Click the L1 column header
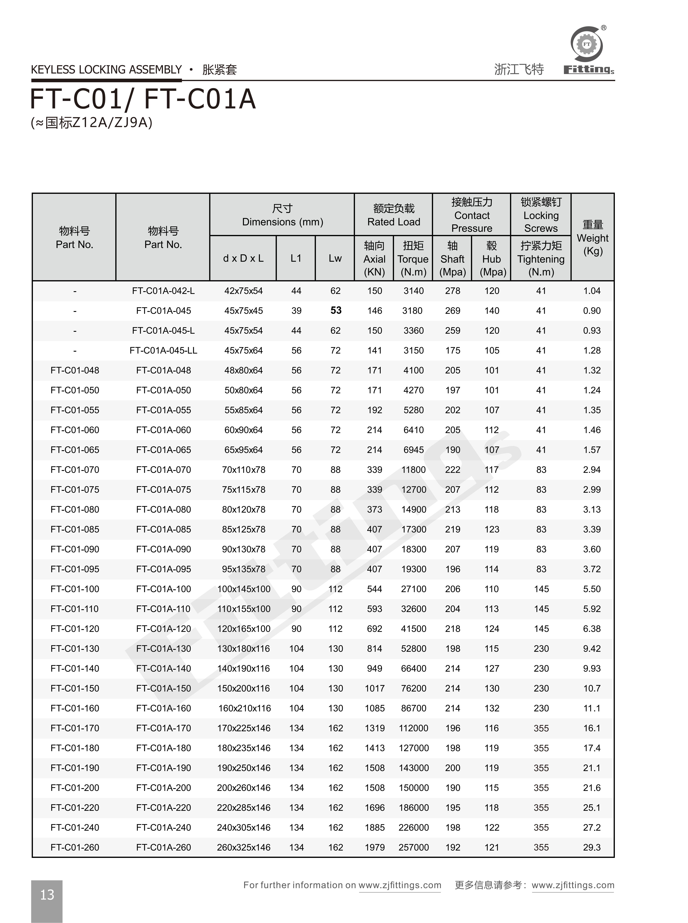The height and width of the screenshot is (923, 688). (296, 258)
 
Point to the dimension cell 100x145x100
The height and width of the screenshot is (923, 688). (244, 589)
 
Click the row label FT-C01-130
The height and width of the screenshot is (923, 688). (75, 648)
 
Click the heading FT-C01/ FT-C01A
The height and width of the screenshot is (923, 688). (143, 99)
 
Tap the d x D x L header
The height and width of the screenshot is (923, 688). (243, 258)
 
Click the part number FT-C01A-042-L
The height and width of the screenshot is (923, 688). (163, 291)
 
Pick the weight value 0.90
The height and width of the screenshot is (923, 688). (592, 311)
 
